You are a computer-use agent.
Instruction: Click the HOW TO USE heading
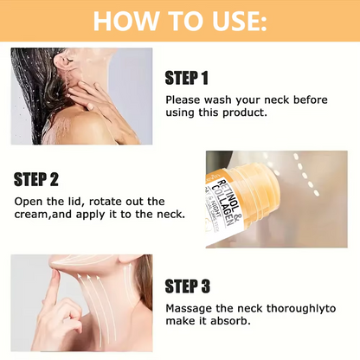tap(179, 21)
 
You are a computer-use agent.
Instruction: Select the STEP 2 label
tap(36, 179)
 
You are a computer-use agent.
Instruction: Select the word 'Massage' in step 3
tap(190, 308)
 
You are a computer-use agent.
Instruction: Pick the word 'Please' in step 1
tap(182, 100)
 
